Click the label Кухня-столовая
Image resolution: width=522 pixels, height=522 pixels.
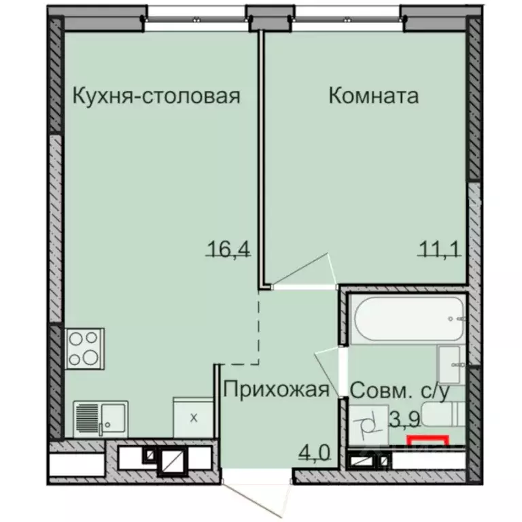pyautogui.click(x=156, y=96)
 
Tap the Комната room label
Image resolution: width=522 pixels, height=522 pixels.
pyautogui.click(x=373, y=96)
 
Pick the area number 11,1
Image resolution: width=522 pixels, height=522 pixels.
pyautogui.click(x=439, y=249)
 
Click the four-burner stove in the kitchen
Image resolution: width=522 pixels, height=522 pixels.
pyautogui.click(x=84, y=347)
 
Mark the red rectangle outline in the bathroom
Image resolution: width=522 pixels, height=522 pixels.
pyautogui.click(x=428, y=440)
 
